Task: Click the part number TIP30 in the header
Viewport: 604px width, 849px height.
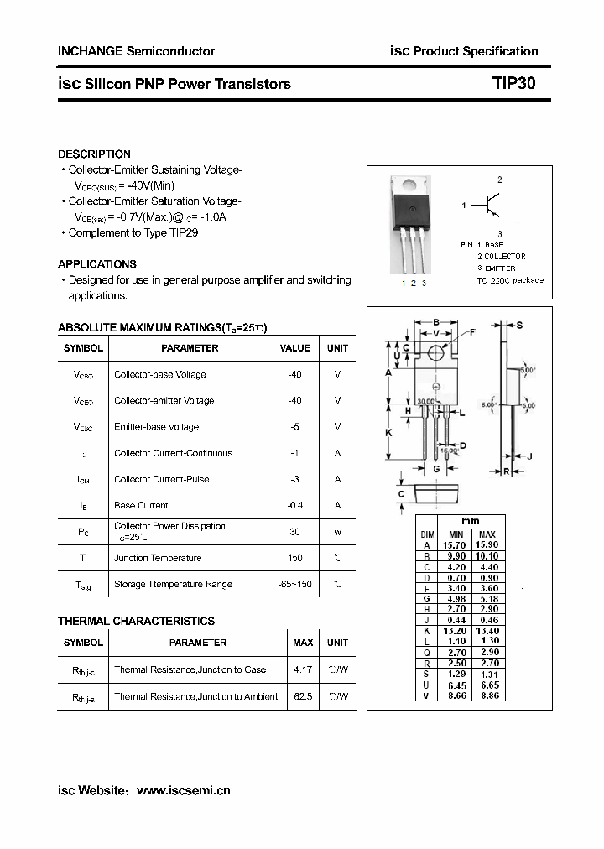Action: tap(513, 84)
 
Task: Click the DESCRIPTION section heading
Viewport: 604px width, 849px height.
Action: tap(94, 154)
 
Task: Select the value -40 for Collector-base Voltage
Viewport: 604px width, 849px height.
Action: tap(294, 374)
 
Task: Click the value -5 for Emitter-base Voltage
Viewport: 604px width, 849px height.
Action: tap(294, 427)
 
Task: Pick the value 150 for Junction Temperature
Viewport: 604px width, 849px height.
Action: tap(294, 558)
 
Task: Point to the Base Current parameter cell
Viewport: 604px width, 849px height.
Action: tap(141, 506)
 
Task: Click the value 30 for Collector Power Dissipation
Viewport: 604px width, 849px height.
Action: tap(294, 532)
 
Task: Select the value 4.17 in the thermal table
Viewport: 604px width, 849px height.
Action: tap(303, 669)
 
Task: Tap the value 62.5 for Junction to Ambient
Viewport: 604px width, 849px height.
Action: tap(303, 696)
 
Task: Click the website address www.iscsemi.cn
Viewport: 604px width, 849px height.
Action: tap(183, 790)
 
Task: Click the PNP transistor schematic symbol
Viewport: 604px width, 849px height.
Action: tap(490, 205)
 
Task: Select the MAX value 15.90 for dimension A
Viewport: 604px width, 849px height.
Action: tap(487, 544)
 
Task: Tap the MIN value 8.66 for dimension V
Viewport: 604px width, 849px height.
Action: tap(456, 695)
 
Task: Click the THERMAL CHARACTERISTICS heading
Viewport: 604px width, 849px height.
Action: tap(136, 622)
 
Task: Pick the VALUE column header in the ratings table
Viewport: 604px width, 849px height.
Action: tap(294, 348)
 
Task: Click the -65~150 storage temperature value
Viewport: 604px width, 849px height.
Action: tap(294, 584)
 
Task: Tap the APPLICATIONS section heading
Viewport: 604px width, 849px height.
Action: tap(97, 264)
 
